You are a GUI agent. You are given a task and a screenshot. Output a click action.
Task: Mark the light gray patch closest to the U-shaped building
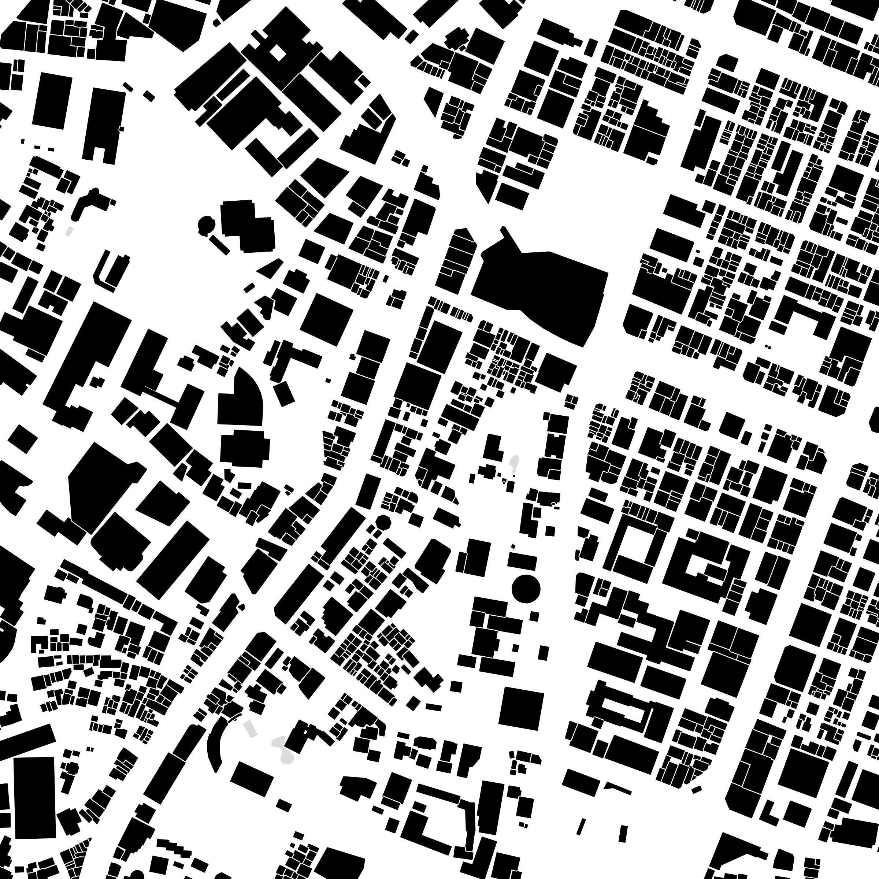pyautogui.click(x=69, y=231)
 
